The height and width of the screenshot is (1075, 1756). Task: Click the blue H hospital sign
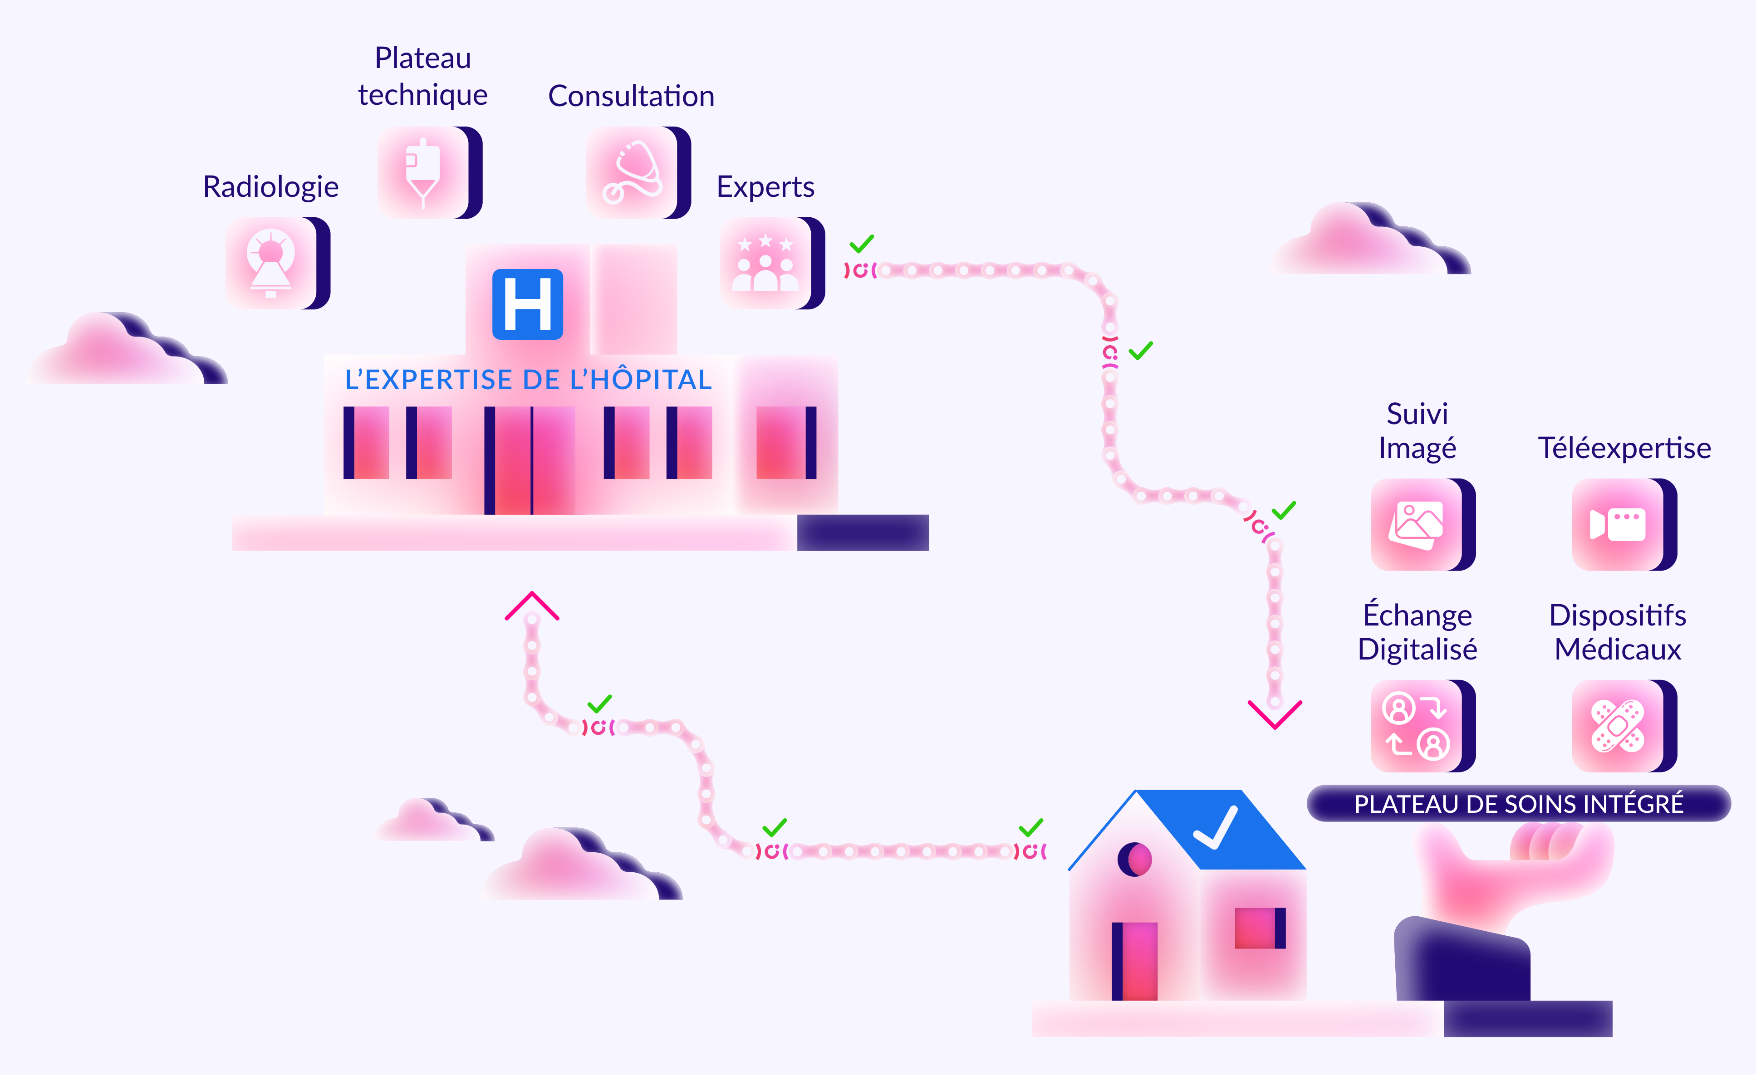click(527, 304)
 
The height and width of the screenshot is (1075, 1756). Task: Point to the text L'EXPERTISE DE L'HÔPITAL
click(528, 380)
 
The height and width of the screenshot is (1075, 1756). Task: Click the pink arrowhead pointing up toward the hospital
click(532, 606)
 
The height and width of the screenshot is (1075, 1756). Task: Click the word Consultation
click(631, 96)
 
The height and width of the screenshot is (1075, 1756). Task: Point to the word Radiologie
click(271, 186)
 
